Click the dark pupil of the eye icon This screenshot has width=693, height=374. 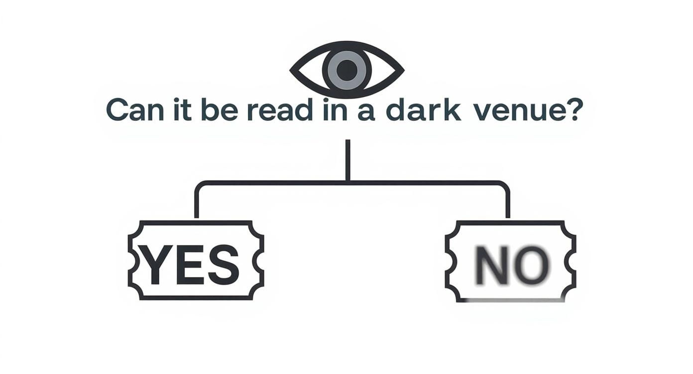[347, 70]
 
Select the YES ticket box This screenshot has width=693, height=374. [196, 260]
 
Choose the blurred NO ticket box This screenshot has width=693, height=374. [510, 262]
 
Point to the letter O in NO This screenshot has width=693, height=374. [532, 265]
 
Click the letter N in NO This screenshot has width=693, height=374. [491, 265]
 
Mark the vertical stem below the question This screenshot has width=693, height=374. [347, 159]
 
